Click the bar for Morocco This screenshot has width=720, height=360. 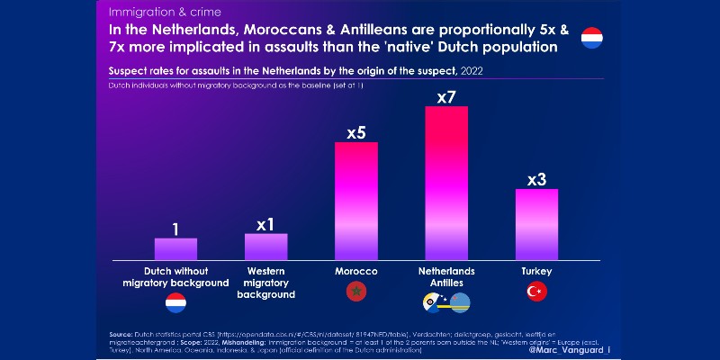tap(356, 202)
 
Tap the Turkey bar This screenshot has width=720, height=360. tap(536, 225)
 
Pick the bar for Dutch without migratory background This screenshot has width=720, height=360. tap(175, 249)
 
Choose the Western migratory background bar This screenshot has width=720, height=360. tap(265, 247)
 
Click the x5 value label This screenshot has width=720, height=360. tap(356, 133)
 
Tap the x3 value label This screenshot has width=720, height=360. tap(536, 179)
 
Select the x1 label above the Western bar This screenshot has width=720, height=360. tap(265, 224)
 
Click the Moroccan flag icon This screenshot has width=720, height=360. tap(356, 291)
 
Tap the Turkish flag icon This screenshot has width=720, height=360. tap(536, 291)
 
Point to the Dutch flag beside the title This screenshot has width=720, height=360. tap(592, 39)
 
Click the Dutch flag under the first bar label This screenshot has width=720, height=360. tap(175, 302)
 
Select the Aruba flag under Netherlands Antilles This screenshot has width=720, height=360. tap(460, 302)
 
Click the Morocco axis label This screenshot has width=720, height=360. tap(356, 271)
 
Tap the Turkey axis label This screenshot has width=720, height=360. tap(536, 271)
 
